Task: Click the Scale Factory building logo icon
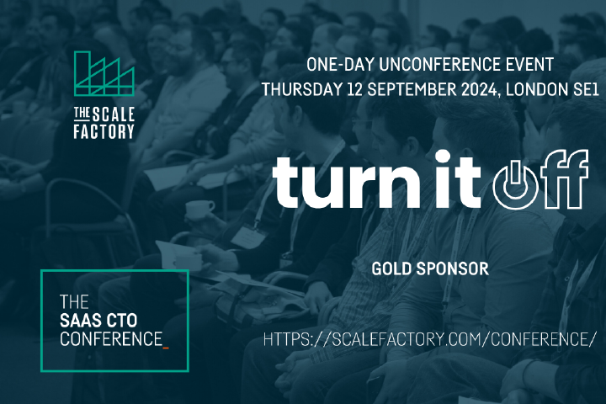[104, 73]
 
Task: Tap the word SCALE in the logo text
[114, 114]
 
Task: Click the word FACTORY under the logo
[104, 131]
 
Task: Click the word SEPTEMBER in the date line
[412, 90]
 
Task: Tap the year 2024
[480, 90]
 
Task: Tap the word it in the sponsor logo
[457, 179]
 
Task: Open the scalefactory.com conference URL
[428, 339]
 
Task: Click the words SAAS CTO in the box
[98, 321]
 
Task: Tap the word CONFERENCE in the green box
[111, 339]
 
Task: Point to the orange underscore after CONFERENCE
[166, 348]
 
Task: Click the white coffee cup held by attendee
[199, 210]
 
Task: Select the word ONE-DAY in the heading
[340, 64]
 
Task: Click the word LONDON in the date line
[535, 90]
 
